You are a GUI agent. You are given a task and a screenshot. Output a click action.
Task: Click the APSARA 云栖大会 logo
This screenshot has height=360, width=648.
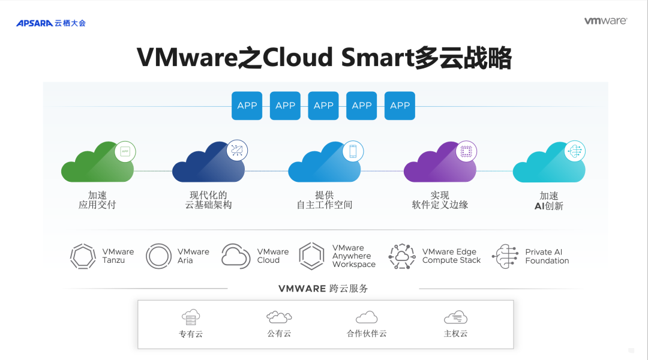[x=51, y=23]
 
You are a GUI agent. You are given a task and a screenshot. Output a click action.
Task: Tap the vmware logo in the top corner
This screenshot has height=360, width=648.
[x=605, y=21]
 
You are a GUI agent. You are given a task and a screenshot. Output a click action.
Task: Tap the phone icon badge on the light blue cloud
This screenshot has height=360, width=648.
[x=353, y=151]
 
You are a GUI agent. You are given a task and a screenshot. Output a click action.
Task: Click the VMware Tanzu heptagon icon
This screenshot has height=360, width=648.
[x=83, y=256]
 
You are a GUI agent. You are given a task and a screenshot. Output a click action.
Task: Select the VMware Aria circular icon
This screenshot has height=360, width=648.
[x=158, y=256]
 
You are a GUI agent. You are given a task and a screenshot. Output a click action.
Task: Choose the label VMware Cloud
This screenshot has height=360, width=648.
[x=273, y=256]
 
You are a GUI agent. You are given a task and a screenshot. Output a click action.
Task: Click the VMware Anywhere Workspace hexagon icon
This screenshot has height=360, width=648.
[x=311, y=256]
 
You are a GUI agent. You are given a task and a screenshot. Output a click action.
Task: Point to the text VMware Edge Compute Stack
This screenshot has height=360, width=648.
[x=451, y=256]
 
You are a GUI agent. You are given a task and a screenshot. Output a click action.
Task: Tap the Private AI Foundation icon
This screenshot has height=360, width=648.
[x=505, y=256]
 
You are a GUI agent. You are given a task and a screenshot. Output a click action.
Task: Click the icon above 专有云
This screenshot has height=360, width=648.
[x=191, y=317]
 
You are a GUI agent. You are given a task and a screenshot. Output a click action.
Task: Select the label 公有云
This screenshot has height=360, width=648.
[x=279, y=334]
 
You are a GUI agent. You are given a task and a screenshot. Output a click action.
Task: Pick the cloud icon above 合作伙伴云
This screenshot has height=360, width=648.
[x=367, y=317]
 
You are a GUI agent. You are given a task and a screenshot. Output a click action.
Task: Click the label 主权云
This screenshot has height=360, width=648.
[x=455, y=334]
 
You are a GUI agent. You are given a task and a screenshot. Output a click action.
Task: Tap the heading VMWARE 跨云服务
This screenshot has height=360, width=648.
[x=323, y=289]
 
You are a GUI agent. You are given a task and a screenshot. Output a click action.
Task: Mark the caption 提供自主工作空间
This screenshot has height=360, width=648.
[x=325, y=200]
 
